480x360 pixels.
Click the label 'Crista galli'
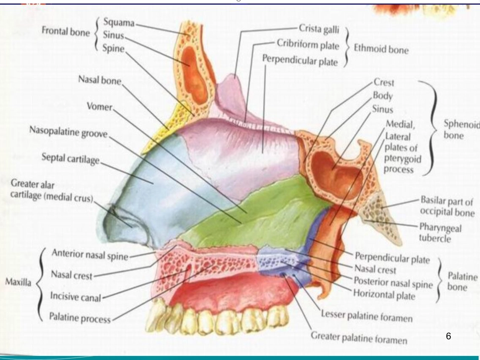(x=319, y=29)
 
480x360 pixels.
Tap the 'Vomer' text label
(x=100, y=107)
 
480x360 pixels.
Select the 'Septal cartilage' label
(x=70, y=159)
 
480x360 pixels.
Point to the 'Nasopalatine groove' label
(x=69, y=132)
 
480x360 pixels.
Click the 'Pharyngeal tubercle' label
(x=440, y=232)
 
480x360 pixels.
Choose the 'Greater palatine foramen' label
(x=359, y=338)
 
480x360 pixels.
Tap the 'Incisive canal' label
(x=75, y=296)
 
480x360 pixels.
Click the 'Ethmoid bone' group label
(x=381, y=49)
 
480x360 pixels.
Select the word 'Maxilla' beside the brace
(x=18, y=281)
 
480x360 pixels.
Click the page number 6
(x=449, y=336)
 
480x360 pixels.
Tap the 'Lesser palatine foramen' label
(x=367, y=316)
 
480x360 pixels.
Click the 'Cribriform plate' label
(x=308, y=44)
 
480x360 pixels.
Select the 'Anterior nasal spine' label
(x=90, y=254)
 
